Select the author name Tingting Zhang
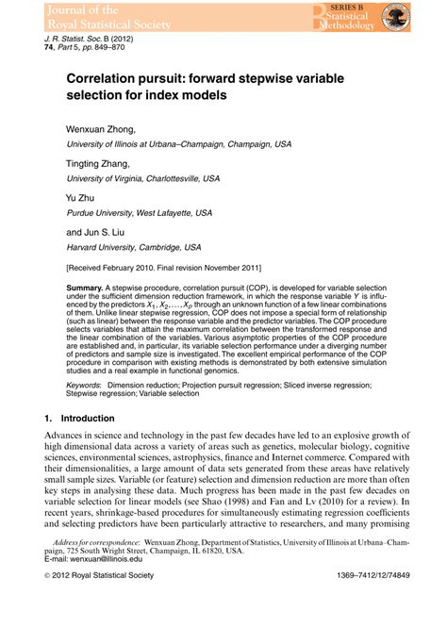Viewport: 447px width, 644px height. point(98,163)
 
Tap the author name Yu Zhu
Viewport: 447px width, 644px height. point(79,198)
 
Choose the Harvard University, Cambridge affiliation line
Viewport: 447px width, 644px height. point(133,247)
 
